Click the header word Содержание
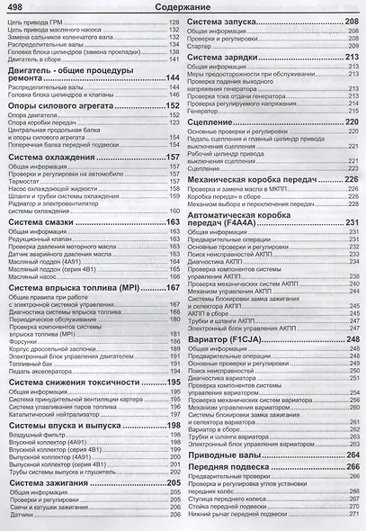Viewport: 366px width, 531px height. (x=183, y=8)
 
